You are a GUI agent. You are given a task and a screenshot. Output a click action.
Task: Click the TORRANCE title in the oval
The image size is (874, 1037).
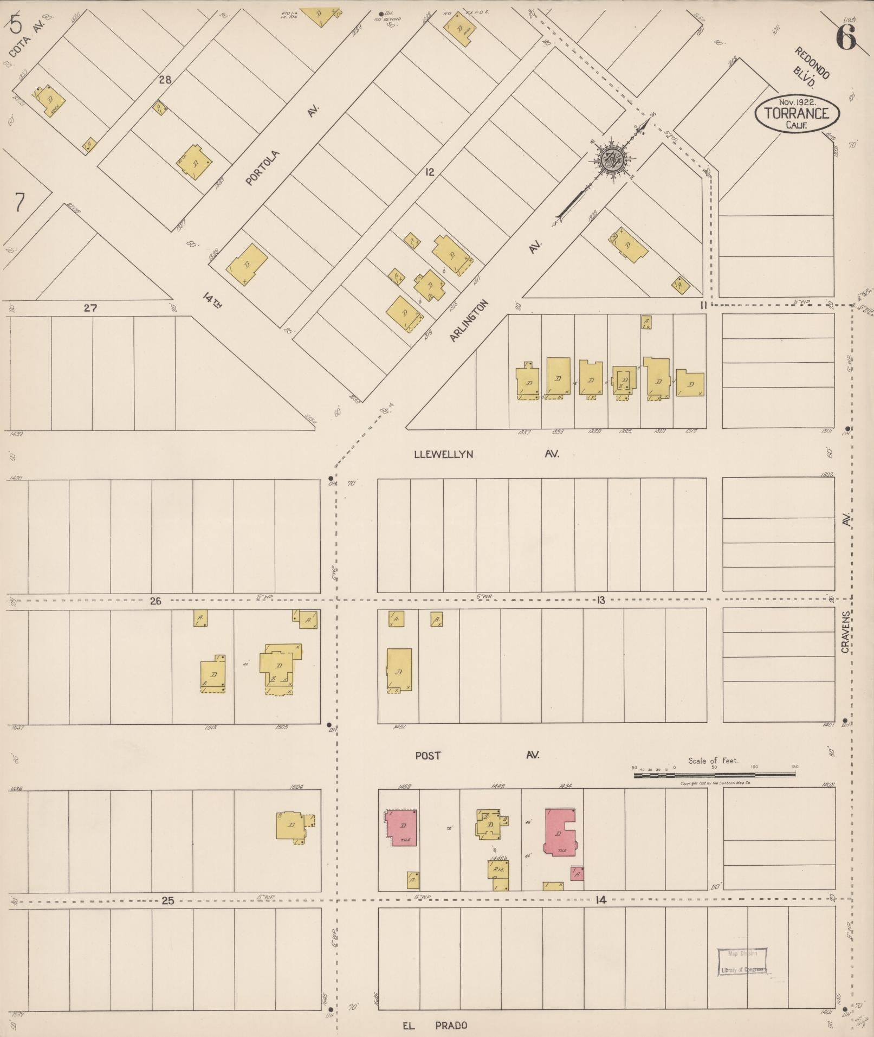(797, 113)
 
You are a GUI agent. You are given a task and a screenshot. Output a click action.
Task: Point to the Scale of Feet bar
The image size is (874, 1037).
(714, 775)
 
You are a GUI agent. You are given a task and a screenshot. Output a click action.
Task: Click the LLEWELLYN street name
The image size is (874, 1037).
(443, 454)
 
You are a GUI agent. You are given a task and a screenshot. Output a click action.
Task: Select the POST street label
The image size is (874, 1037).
(428, 755)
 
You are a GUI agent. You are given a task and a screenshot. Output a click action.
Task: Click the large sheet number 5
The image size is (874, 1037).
(16, 24)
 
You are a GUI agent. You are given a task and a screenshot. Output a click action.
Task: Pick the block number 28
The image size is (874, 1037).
(165, 80)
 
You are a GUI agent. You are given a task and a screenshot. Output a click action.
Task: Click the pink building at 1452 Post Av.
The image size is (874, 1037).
(402, 827)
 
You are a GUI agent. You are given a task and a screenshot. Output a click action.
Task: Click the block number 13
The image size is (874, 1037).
(600, 600)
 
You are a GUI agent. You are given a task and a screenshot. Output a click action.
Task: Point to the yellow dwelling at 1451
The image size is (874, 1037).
(399, 671)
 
